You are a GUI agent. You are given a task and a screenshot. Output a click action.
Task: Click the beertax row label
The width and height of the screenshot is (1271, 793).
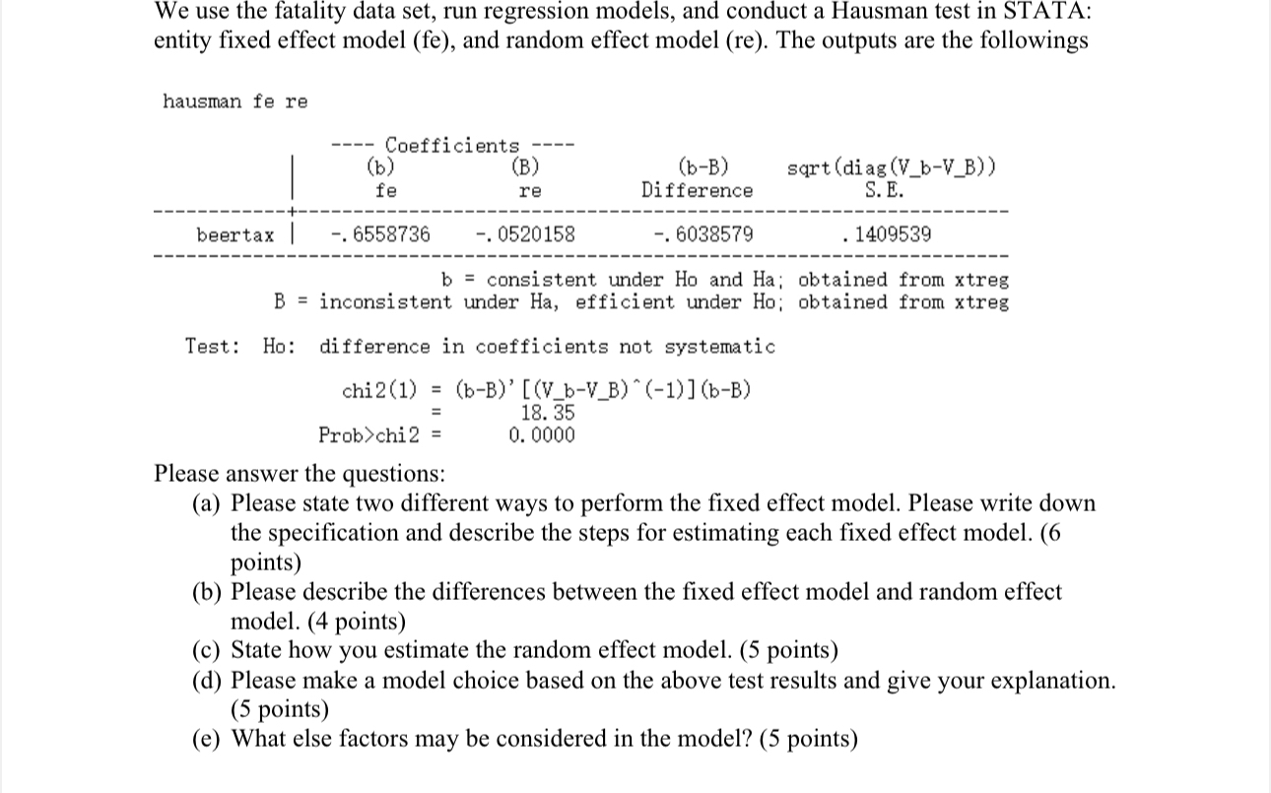[235, 234]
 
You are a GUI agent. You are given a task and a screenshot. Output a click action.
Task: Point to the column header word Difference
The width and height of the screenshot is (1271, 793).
[697, 190]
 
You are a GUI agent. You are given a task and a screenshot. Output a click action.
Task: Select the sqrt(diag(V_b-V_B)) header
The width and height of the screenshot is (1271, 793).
[892, 166]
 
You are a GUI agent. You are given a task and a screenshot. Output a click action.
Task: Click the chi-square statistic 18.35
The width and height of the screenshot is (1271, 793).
[547, 413]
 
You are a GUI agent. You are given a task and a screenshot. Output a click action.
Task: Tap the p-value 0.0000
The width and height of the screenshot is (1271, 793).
[542, 434]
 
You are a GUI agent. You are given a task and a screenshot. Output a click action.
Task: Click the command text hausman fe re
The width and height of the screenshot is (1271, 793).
[234, 101]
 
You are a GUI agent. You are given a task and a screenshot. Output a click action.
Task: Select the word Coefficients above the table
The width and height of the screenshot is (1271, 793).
[451, 146]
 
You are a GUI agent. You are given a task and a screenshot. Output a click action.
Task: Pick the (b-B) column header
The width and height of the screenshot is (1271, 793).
[703, 166]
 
